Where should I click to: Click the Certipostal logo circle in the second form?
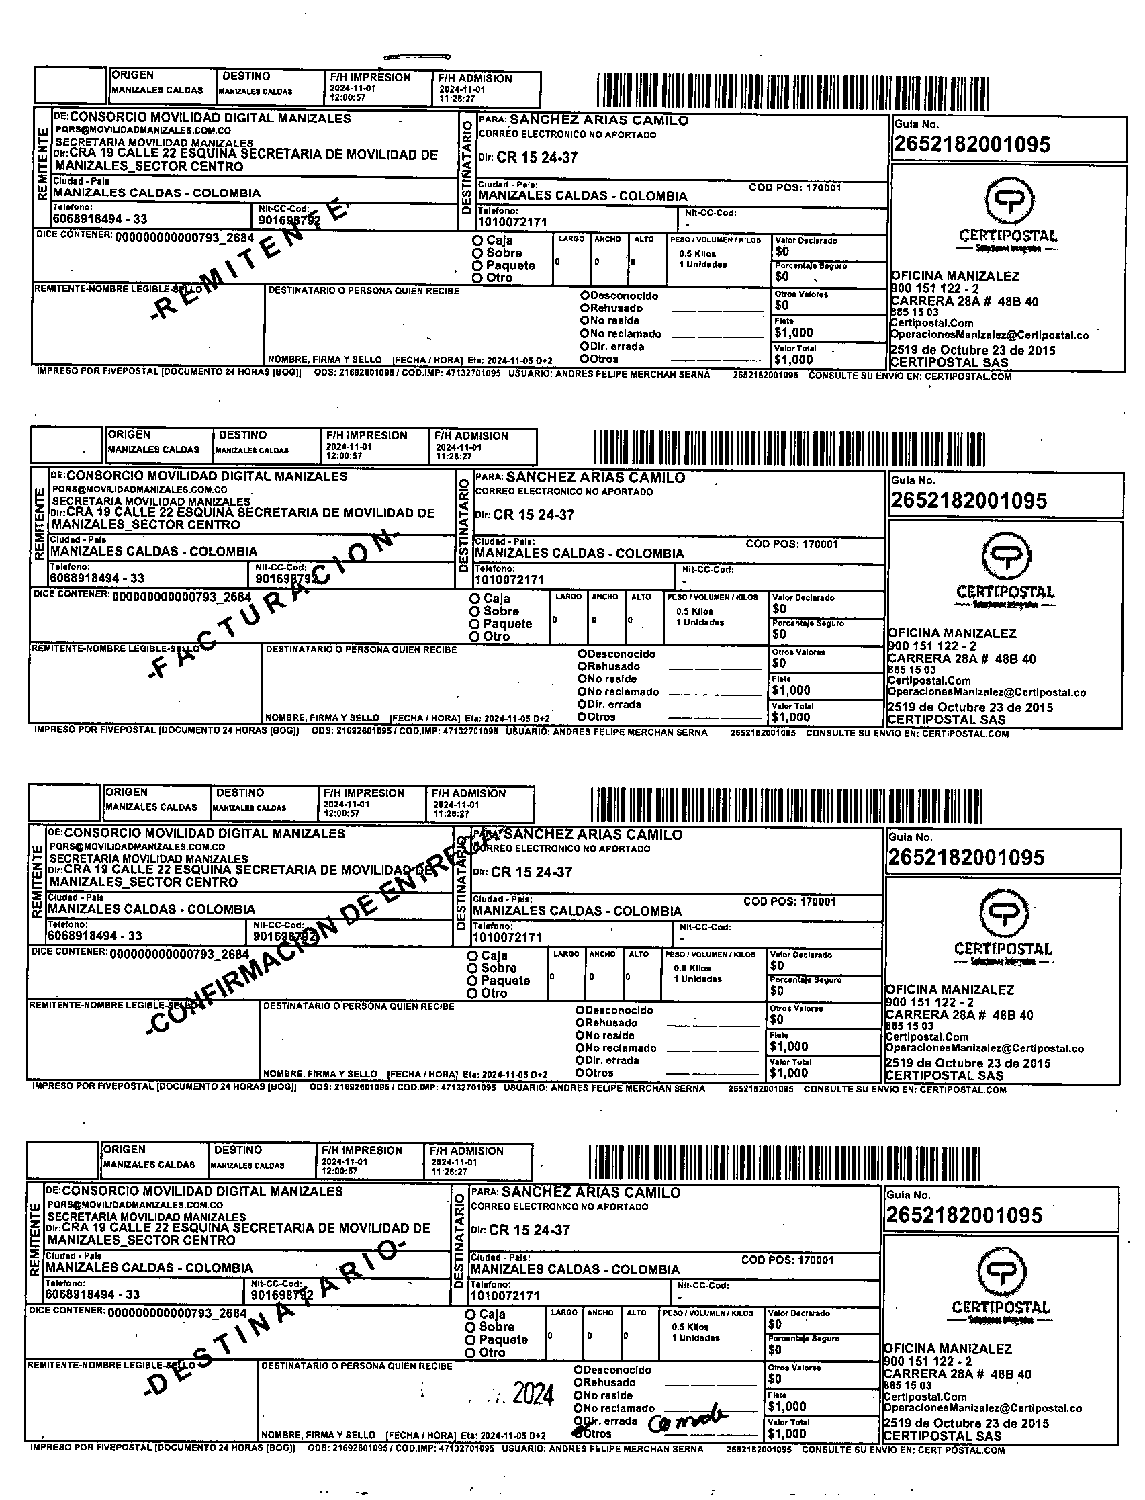pos(1007,555)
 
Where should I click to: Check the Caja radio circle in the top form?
pos(477,240)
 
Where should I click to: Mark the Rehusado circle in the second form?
pos(582,666)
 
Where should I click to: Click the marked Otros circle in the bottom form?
pos(578,1433)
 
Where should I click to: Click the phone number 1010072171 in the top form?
pos(512,222)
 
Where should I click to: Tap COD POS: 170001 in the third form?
pos(789,901)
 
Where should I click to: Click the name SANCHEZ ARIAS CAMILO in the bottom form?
pos(590,1192)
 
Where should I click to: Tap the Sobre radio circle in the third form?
pos(471,968)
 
